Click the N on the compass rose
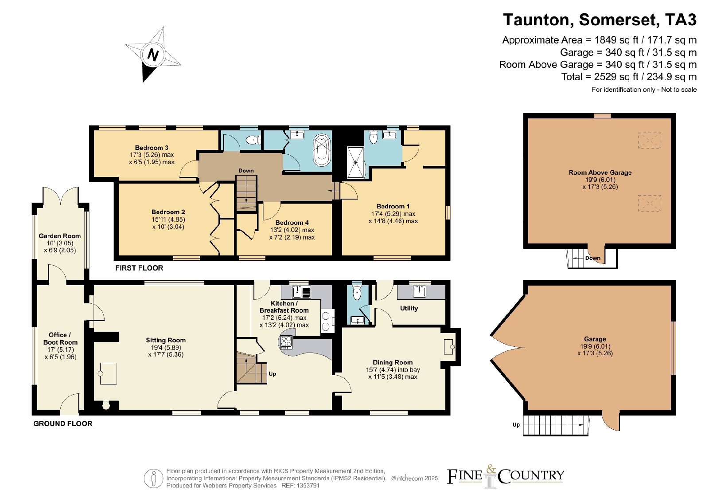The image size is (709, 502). tap(153, 55)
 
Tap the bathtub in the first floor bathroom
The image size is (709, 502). tap(322, 150)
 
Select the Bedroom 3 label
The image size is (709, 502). tap(152, 148)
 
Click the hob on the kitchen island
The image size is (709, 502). tap(286, 342)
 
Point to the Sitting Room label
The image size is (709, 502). tap(166, 340)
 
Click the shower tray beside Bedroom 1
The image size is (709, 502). tap(356, 162)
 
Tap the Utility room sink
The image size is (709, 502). tap(419, 291)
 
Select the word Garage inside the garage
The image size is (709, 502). tap(595, 339)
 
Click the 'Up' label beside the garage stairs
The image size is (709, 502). tap(516, 425)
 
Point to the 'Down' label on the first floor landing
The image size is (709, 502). tap(246, 170)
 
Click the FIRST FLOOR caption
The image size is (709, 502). tap(139, 268)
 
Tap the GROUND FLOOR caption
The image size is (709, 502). tap(63, 424)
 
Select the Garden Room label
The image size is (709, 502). tap(59, 236)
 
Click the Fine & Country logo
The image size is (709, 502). tap(505, 476)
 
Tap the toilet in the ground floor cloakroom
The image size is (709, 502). tap(357, 293)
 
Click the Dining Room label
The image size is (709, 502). tap(393, 362)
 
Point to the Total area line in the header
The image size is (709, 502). tap(629, 77)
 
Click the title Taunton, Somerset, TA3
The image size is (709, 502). tap(600, 20)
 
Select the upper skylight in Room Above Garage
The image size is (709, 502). tap(650, 140)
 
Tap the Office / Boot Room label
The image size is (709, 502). tap(60, 338)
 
